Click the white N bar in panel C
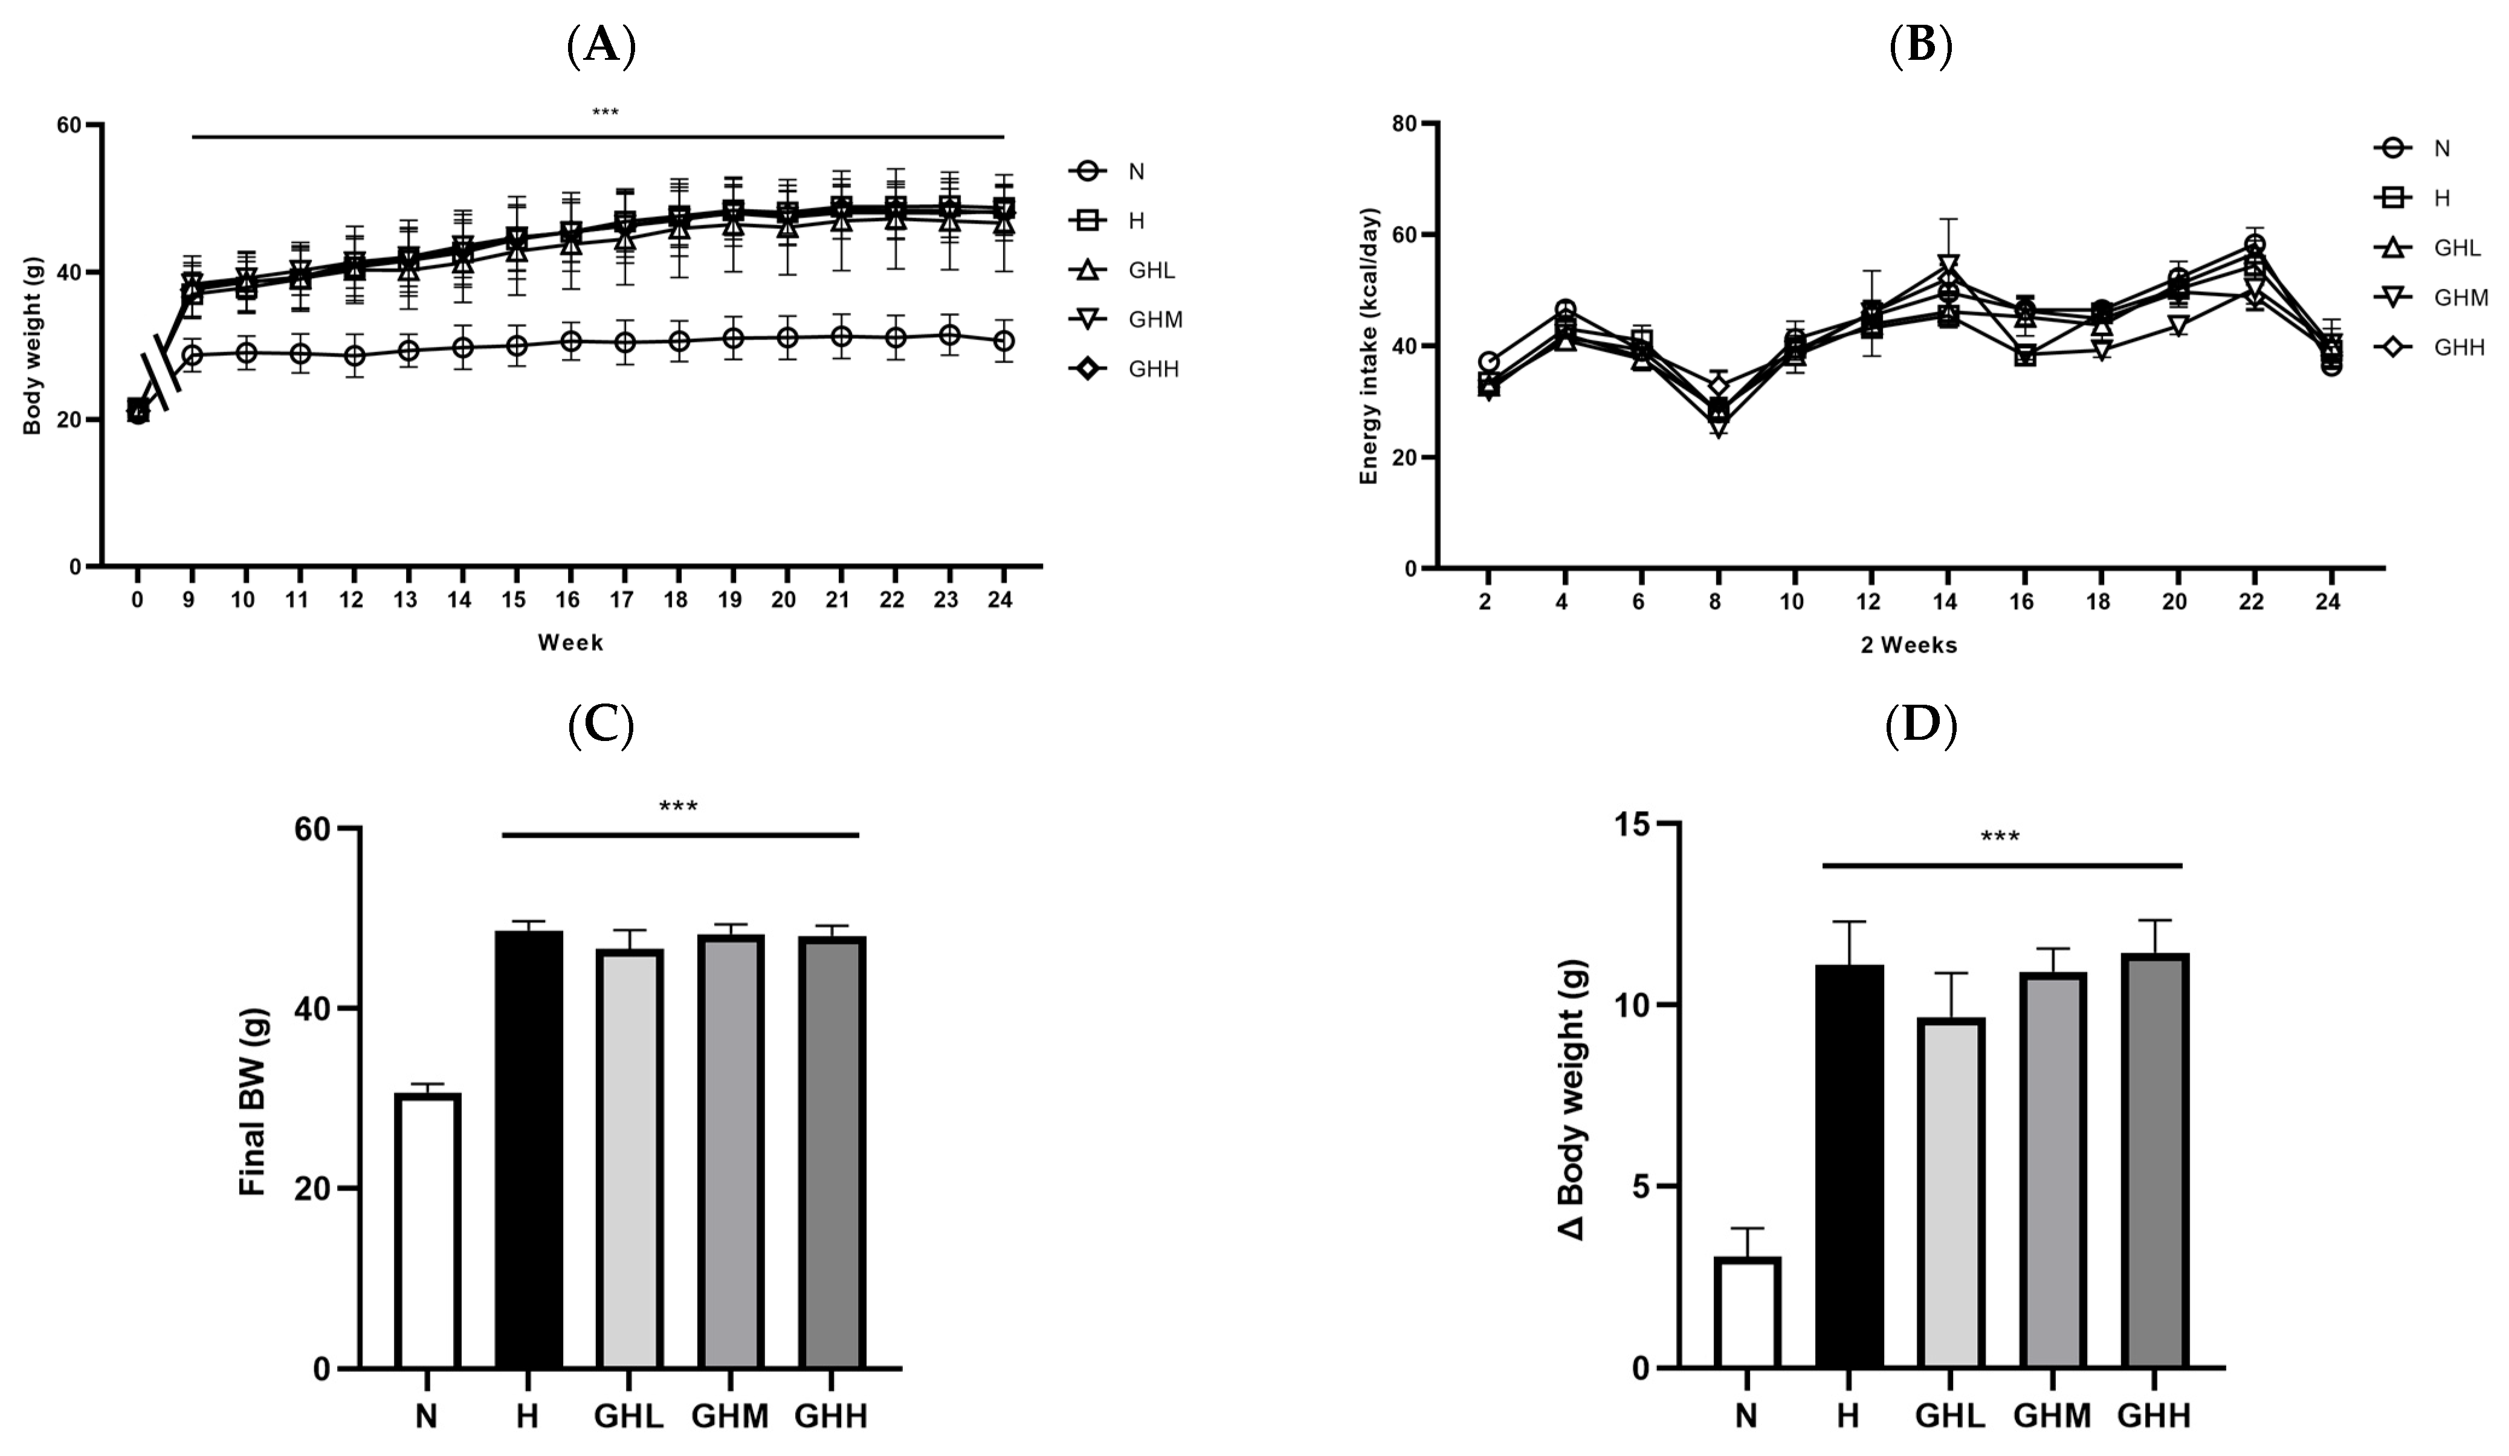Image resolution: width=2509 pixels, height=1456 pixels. [x=427, y=1231]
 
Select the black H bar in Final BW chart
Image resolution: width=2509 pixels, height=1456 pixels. [x=529, y=1150]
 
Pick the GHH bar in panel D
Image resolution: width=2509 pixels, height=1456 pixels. [x=2154, y=1161]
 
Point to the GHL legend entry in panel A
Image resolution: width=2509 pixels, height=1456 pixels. [x=1125, y=270]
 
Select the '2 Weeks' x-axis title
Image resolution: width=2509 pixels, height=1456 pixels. [x=1908, y=645]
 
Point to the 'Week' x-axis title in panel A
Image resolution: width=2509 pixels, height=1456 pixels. [x=570, y=642]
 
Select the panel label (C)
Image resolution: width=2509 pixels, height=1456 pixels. [x=601, y=727]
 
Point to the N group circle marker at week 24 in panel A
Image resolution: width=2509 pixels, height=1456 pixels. [x=1004, y=341]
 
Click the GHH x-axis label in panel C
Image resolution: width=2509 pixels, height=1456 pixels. [x=831, y=1416]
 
